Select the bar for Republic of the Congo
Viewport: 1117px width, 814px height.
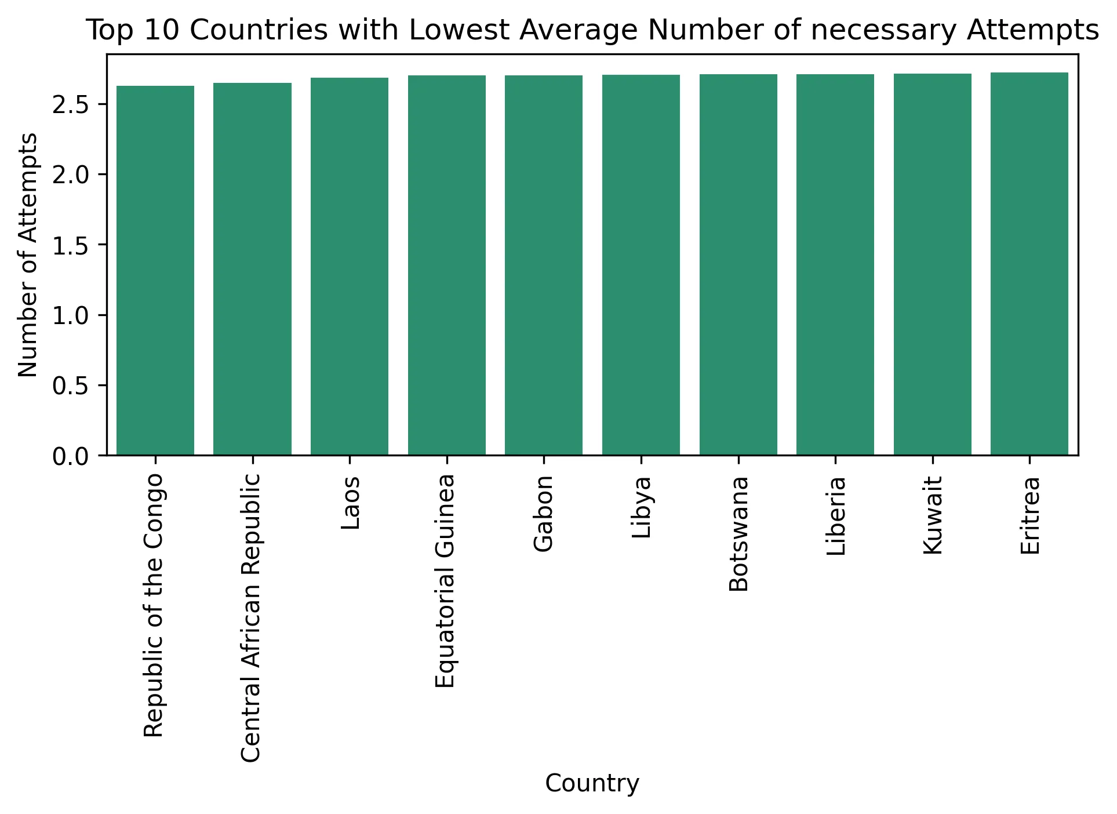pyautogui.click(x=155, y=270)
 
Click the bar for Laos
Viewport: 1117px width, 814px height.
pyautogui.click(x=350, y=266)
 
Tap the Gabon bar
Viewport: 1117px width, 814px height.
pyautogui.click(x=544, y=265)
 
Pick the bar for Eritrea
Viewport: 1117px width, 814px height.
pyautogui.click(x=1029, y=264)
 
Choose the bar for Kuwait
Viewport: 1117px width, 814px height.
pyautogui.click(x=932, y=264)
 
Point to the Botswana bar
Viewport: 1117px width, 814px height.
pyautogui.click(x=738, y=264)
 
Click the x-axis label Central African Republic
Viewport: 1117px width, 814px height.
pyautogui.click(x=251, y=617)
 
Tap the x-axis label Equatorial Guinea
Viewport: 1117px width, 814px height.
pyautogui.click(x=445, y=581)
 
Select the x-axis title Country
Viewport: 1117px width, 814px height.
pyautogui.click(x=592, y=784)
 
